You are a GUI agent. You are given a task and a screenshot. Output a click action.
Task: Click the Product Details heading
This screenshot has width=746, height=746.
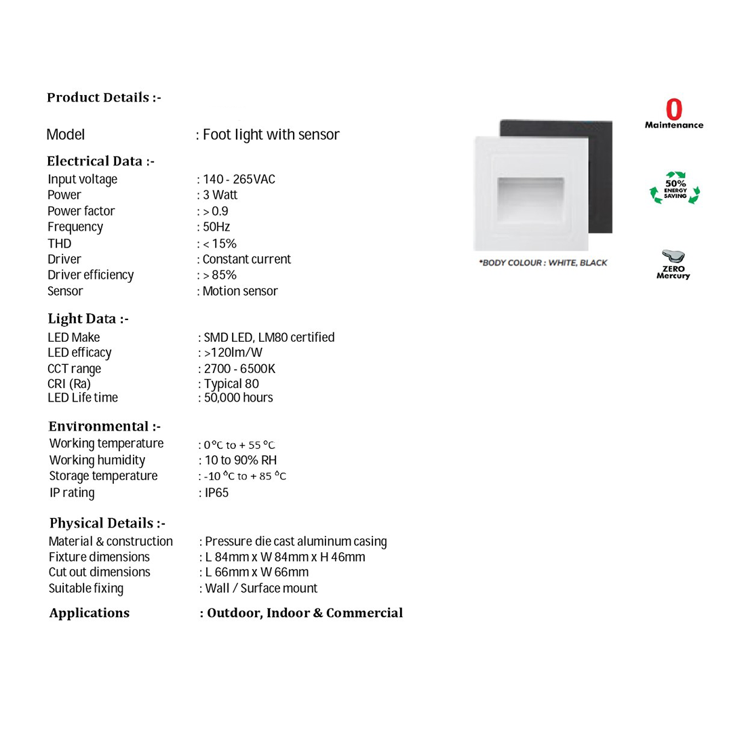[x=104, y=98]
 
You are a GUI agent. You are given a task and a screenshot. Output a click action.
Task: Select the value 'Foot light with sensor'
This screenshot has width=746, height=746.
[x=271, y=134]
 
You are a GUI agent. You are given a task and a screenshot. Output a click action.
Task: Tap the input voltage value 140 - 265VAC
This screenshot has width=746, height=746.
[x=239, y=179]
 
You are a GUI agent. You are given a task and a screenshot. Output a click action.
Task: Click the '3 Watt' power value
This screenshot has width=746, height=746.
[x=220, y=195]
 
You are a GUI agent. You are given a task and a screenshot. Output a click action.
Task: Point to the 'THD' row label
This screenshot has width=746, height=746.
[x=59, y=243]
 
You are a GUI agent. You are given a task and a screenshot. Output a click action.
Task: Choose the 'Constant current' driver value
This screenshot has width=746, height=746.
[x=246, y=259]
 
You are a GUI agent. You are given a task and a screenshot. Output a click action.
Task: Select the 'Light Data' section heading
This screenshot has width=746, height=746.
[x=88, y=319]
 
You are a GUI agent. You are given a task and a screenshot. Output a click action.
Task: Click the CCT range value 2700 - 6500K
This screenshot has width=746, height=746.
[x=239, y=369]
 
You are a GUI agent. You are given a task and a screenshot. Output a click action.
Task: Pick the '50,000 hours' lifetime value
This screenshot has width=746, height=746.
[x=238, y=398]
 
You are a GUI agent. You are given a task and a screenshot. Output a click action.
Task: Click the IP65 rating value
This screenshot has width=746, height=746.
[x=216, y=493]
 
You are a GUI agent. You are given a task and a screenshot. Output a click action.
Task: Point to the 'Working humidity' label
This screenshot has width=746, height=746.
[x=97, y=460]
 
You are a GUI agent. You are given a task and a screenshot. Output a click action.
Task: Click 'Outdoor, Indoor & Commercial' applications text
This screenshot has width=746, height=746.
[x=305, y=613]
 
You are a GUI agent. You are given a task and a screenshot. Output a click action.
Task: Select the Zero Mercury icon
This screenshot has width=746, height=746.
[x=673, y=264]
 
